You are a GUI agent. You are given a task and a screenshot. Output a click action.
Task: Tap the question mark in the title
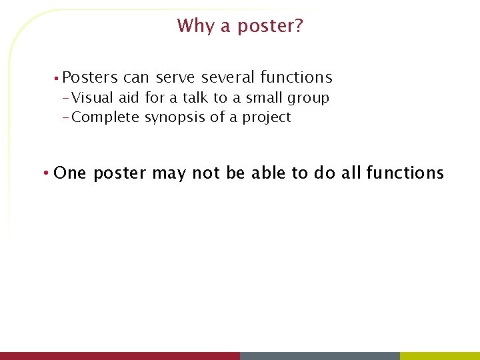298,26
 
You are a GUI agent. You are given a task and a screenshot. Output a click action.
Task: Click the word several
229,78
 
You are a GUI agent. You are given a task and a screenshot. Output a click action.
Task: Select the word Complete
105,118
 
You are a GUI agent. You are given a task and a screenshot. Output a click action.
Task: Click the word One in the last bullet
70,173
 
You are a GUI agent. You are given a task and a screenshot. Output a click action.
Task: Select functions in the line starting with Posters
296,78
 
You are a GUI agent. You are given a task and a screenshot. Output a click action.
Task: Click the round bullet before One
44,174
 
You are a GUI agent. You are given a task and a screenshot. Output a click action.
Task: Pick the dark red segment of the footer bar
120,356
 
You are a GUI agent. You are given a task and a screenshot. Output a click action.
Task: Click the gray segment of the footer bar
320,356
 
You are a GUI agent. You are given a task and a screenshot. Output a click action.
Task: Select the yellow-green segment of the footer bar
440,356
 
